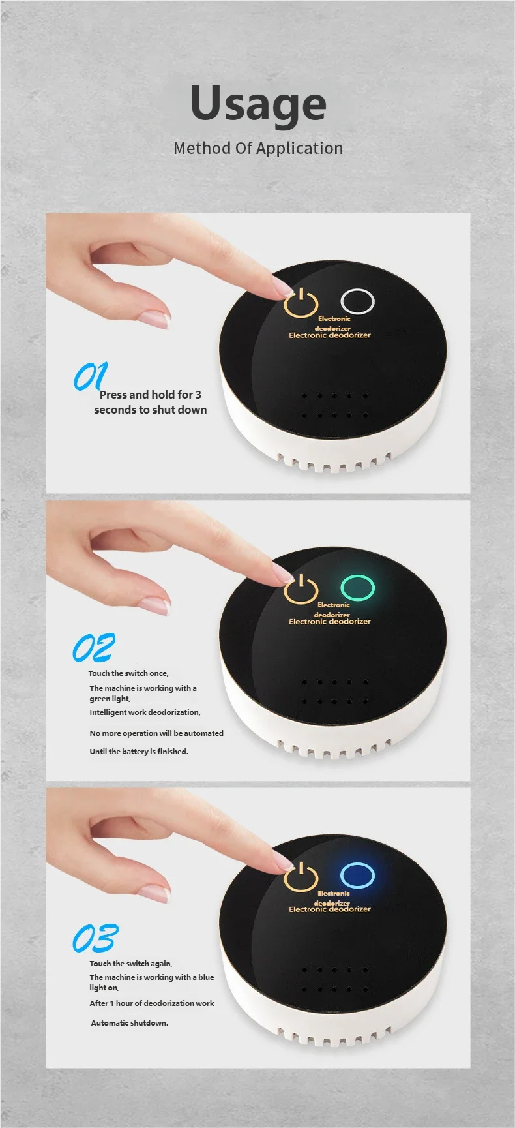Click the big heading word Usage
coord(258,104)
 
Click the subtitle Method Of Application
coord(258,148)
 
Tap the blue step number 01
coord(90,376)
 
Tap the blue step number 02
coord(93,648)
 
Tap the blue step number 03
coord(95,939)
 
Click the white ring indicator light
coord(358,301)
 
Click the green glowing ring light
coord(358,588)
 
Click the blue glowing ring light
coord(358,876)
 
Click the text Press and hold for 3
coord(150,395)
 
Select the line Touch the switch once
coord(128,673)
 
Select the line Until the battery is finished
coord(139,752)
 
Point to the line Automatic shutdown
coord(129,1023)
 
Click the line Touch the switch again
coord(131,964)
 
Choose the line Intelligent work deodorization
coord(145,712)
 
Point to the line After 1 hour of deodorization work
coord(152,1003)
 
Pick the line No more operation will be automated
coord(156,733)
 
